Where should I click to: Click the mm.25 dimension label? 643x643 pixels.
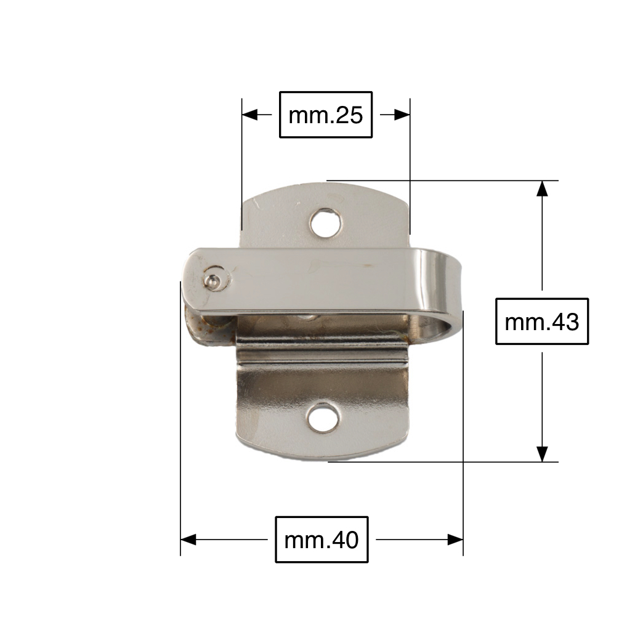326,115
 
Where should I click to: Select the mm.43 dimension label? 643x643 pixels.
542,321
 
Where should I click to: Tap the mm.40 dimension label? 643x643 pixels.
321,540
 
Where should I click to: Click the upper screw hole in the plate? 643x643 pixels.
326,224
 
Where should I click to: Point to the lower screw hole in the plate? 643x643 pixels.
323,418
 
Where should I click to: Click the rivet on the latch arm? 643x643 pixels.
214,280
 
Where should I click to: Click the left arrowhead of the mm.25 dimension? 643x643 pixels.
249,115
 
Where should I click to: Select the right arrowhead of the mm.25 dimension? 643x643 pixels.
402,115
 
